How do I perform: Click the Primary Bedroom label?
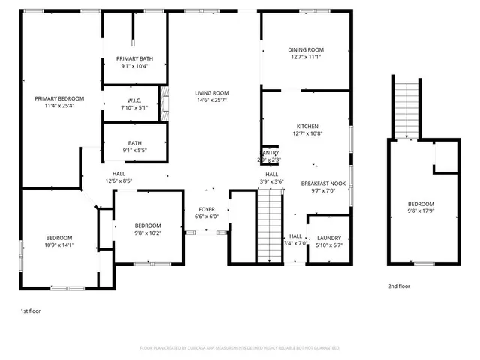[60, 98]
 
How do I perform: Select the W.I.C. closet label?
[134, 100]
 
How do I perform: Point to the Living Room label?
[212, 93]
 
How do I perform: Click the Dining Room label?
[305, 50]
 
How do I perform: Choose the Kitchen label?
[307, 126]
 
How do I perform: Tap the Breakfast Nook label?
[323, 183]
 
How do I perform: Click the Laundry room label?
[328, 237]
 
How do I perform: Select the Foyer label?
[208, 209]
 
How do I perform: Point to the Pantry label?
[270, 152]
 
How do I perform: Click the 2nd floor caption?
[399, 286]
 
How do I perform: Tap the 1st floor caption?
[31, 309]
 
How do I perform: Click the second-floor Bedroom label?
[421, 204]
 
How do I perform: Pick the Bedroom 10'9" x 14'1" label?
[61, 237]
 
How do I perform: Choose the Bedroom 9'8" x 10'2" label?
[148, 226]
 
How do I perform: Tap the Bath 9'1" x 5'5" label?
[134, 143]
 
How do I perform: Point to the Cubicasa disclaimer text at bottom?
[240, 348]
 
